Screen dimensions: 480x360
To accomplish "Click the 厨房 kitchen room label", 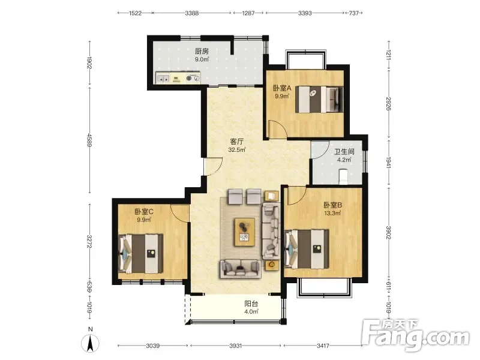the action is coord(202,51).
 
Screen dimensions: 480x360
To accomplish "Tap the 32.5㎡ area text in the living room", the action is coord(237,150).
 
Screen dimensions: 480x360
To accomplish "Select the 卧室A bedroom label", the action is coord(282,88).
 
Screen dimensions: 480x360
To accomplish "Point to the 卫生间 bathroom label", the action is coord(344,152).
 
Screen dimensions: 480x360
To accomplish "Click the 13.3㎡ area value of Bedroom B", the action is coord(332,214).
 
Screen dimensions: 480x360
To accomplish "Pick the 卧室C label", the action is coord(144,212).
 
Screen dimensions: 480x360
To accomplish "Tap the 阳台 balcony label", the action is coord(251,304).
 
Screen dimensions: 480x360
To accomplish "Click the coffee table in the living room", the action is coord(245,232).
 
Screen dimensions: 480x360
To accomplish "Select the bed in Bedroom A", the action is coord(319,100).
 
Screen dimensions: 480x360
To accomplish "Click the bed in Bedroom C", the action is coord(141,254).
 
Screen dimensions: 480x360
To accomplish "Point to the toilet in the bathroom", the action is coord(344,176).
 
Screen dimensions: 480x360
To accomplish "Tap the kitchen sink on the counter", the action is coord(163,79).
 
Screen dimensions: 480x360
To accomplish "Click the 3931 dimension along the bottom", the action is coord(235,346).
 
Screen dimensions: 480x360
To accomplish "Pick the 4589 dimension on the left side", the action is coord(89,140).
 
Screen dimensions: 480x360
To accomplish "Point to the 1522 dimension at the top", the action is coord(135,13).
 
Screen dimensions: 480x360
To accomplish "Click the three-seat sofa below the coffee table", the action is coord(240,268).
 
